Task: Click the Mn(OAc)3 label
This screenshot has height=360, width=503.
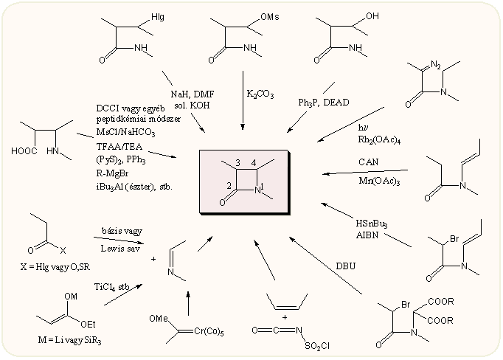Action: tap(375, 180)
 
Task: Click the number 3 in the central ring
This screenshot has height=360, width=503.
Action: tap(237, 162)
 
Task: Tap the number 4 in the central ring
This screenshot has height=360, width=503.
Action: tap(253, 162)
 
